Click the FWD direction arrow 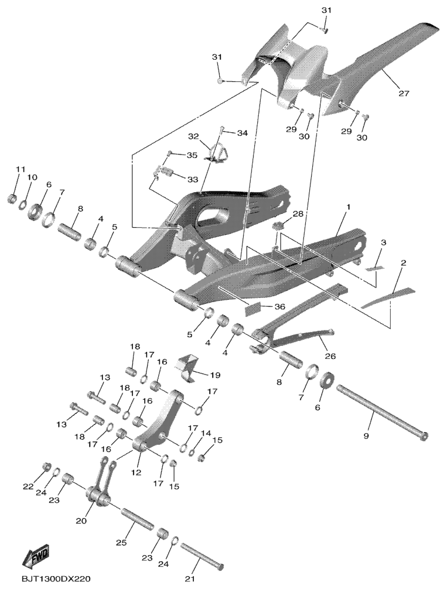coord(36,557)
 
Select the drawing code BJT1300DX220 coord(57,578)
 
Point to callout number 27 coord(404,93)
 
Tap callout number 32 coord(194,136)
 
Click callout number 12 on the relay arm coord(139,472)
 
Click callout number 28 coord(298,214)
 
